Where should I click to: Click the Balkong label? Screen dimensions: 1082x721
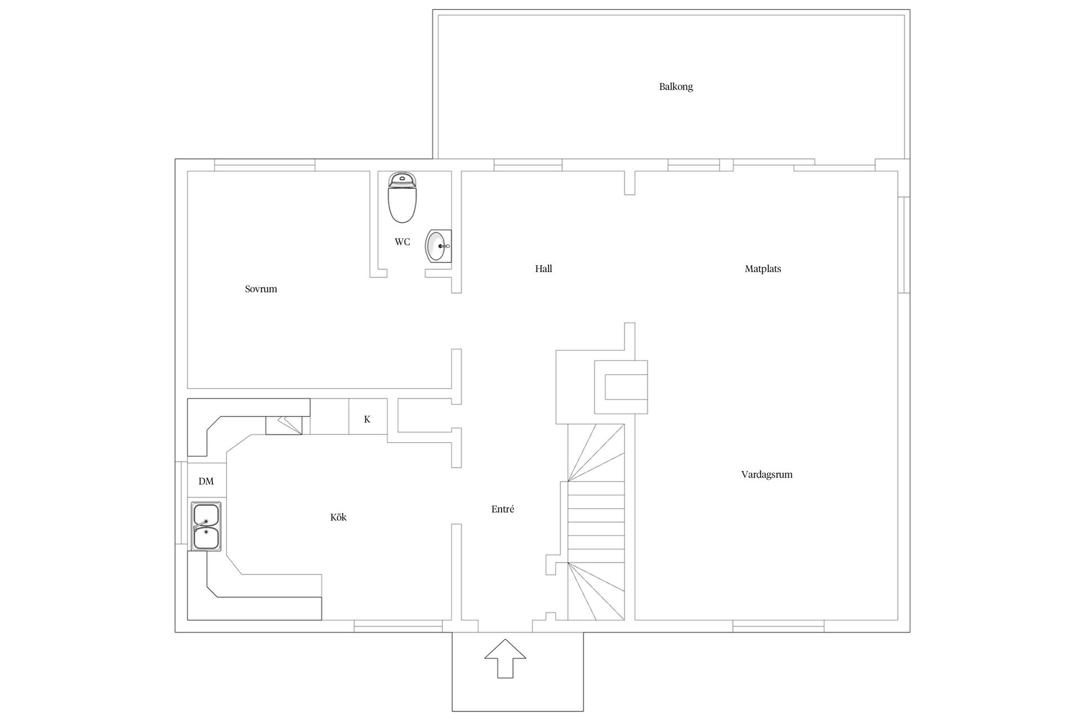click(676, 87)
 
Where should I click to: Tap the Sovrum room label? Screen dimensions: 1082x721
click(261, 289)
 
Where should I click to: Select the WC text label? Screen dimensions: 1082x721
click(402, 242)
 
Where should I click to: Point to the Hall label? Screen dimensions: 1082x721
click(543, 269)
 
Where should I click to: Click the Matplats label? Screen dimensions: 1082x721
click(763, 269)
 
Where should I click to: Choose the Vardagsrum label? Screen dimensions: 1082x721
click(767, 474)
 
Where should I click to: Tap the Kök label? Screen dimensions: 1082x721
click(338, 517)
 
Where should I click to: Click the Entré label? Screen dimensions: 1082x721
click(503, 509)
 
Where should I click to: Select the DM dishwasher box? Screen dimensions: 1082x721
click(206, 480)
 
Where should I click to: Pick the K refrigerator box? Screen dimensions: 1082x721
click(367, 417)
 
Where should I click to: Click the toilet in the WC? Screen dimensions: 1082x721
click(402, 198)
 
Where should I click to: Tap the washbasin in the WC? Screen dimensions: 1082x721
click(438, 246)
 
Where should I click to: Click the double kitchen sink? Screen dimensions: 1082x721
click(206, 527)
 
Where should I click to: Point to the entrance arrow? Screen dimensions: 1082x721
click(505, 658)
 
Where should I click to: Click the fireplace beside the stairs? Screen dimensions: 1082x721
click(621, 387)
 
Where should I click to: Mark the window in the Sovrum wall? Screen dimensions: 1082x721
click(264, 165)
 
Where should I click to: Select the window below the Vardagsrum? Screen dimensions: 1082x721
click(778, 626)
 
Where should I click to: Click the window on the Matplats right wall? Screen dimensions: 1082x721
click(903, 244)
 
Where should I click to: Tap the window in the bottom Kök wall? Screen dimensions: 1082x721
click(398, 626)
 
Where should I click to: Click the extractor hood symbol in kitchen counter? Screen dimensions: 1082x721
click(283, 425)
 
